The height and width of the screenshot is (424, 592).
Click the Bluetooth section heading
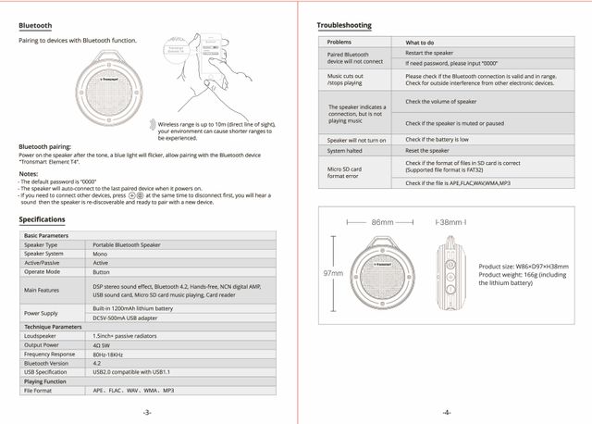[35, 25]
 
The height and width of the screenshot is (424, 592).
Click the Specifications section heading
[42, 219]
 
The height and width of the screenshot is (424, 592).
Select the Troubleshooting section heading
[344, 25]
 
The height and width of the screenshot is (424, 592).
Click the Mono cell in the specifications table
[101, 253]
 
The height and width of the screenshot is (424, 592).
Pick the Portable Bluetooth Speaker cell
[127, 244]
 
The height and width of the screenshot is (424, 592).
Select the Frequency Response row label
[51, 355]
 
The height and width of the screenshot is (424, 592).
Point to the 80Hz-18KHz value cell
[110, 355]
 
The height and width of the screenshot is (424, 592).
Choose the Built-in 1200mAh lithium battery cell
[133, 307]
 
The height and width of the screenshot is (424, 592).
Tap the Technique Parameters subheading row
[54, 327]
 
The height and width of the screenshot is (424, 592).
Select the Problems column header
[339, 43]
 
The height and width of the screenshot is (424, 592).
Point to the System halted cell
[344, 150]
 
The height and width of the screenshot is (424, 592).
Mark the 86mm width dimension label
[382, 222]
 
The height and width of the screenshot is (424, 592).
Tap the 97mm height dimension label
[332, 274]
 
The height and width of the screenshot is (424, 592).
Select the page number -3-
[147, 412]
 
